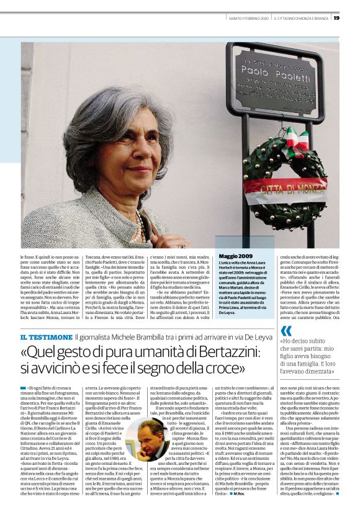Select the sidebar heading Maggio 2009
pyautogui.click(x=236, y=256)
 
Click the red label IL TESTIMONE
pyautogui.click(x=46, y=337)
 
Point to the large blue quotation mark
pyautogui.click(x=286, y=331)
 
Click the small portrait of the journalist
pyautogui.click(x=148, y=441)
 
